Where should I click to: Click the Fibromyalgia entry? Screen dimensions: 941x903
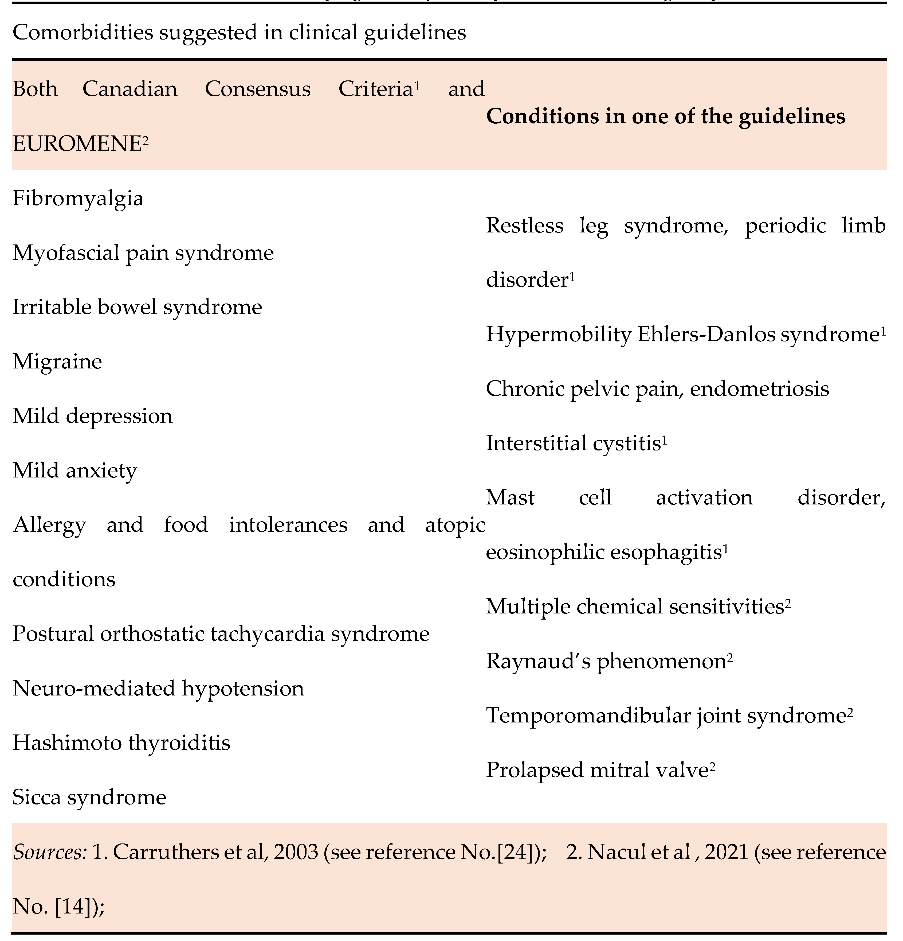coord(78,198)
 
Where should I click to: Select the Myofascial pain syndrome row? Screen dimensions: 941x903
coord(143,252)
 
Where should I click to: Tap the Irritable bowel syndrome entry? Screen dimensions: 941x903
coord(137,307)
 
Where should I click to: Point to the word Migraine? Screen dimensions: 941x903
coord(57,361)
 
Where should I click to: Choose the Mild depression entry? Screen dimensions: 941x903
coord(92,416)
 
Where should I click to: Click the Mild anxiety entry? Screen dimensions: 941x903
coord(75,470)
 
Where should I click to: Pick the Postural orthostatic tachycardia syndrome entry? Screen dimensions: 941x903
coord(221,634)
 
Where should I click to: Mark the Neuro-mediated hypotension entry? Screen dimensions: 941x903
coord(158,689)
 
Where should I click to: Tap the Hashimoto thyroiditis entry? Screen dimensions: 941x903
coord(121,743)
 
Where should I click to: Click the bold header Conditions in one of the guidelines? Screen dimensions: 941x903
coord(665,116)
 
